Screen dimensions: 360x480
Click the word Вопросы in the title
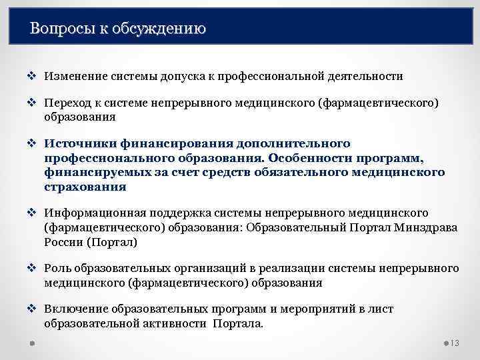59,29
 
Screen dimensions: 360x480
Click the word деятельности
365,76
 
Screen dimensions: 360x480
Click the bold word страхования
85,187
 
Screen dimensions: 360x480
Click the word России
63,243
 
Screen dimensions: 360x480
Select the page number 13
456,343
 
